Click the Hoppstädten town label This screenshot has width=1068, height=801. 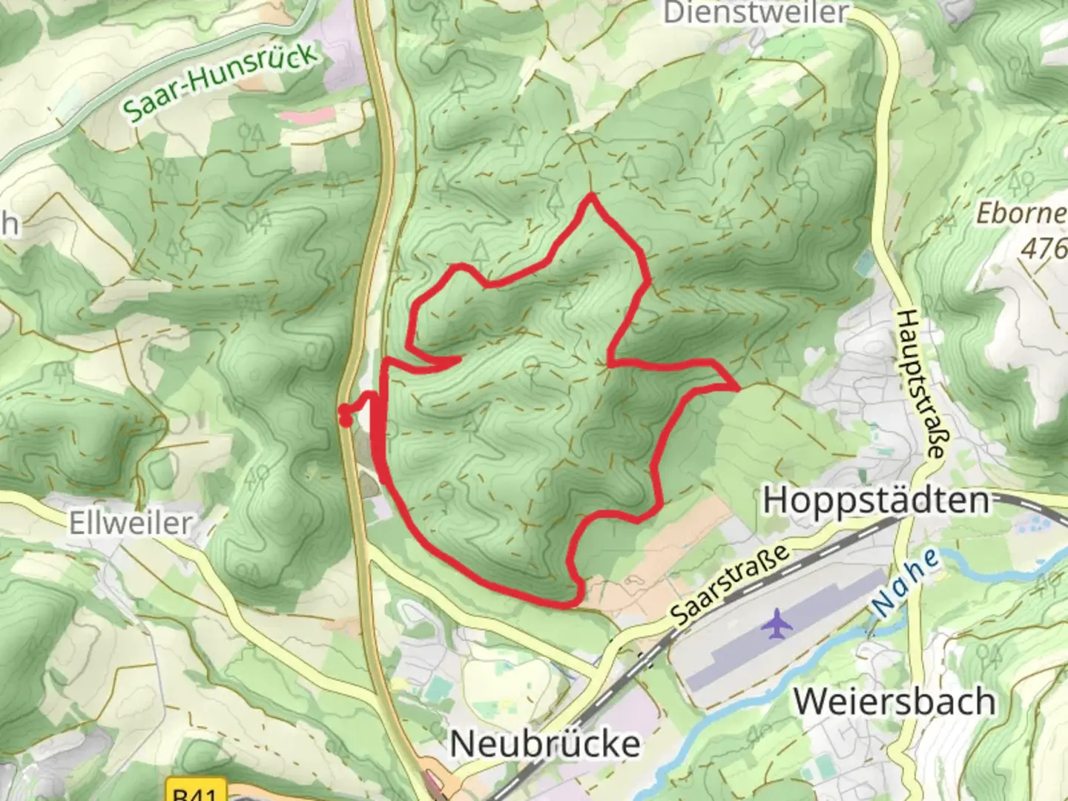point(877,501)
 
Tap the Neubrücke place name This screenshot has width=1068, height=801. point(545,744)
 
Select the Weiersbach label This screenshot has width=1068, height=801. point(894,702)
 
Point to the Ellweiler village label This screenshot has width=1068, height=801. point(131,523)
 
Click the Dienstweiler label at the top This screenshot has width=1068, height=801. point(755,13)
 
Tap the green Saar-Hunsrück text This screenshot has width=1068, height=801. point(220,81)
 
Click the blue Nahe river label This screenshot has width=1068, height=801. point(906,583)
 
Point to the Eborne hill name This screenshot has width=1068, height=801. point(1021,214)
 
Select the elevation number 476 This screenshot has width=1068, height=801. point(1044,248)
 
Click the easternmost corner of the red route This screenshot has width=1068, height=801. point(737,387)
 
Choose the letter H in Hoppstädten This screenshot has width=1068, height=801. point(777,501)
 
